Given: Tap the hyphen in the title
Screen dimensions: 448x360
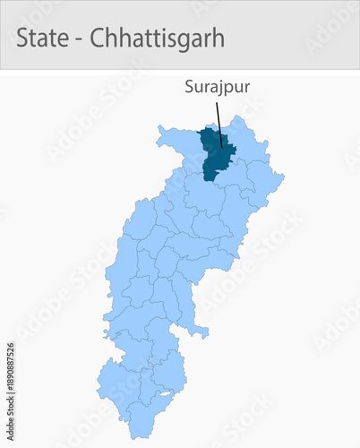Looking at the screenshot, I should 81,39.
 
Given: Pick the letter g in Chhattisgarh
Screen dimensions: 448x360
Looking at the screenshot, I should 189,40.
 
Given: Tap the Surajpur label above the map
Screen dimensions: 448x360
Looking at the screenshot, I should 217,88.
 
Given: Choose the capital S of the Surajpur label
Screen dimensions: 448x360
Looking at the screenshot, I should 189,88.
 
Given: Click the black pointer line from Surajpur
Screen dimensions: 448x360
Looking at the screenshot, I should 219,122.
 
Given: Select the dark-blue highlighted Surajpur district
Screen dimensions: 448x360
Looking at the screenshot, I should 216,152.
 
